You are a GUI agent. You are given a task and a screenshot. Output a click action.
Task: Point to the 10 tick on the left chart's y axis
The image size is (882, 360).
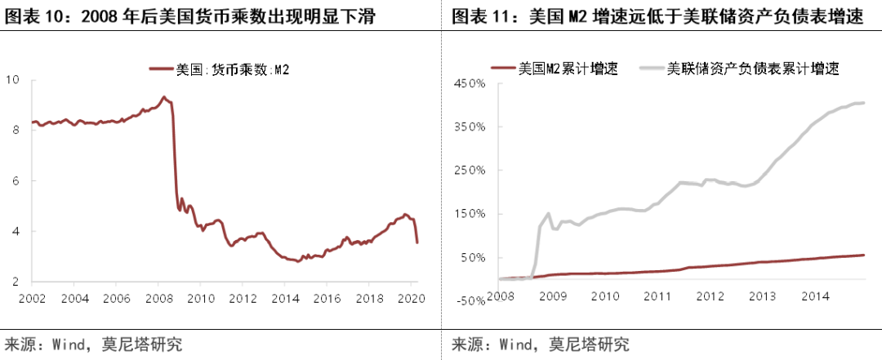click(x=13, y=80)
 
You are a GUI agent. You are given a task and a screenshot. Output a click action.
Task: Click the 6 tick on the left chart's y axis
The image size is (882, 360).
click(x=16, y=181)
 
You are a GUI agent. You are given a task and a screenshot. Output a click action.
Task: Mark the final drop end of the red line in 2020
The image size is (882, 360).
click(x=418, y=242)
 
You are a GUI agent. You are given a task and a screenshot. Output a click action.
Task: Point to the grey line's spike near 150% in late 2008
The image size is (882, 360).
click(x=548, y=214)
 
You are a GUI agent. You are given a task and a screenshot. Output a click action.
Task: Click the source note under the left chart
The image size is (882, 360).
click(x=93, y=344)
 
